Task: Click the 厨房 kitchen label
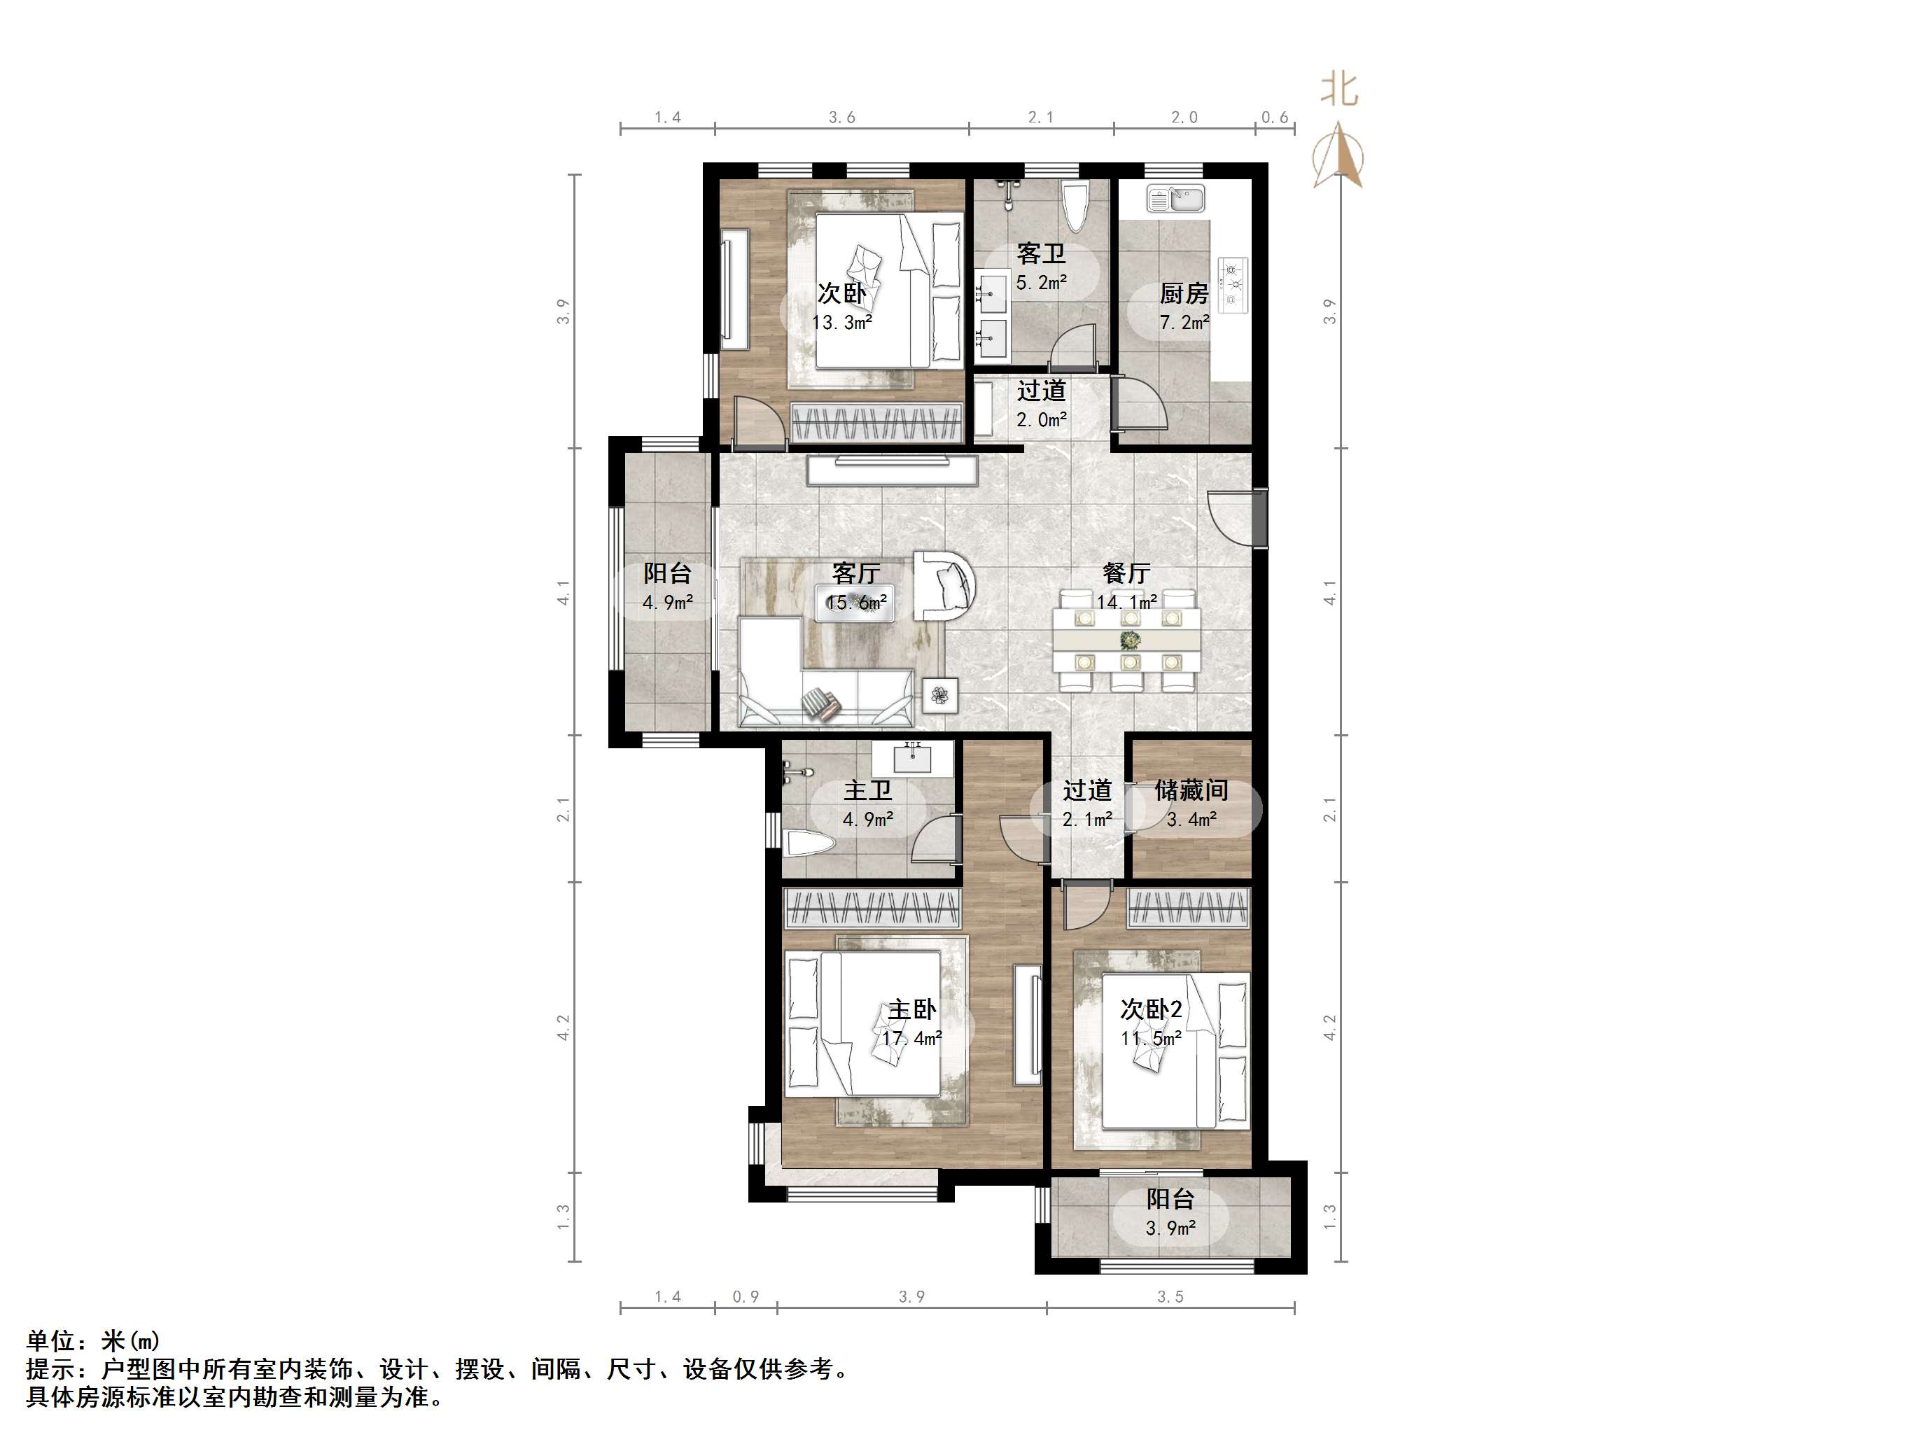(x=1183, y=294)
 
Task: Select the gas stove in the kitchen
(x=1233, y=285)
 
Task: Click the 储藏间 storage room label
(x=1191, y=790)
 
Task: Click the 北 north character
(x=1339, y=89)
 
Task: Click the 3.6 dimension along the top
(x=842, y=117)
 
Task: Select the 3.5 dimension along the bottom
(x=1170, y=1297)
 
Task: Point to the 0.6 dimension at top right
(x=1275, y=117)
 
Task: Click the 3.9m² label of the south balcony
(x=1171, y=1228)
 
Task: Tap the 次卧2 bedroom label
(x=1150, y=1009)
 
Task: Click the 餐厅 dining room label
(x=1126, y=573)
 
